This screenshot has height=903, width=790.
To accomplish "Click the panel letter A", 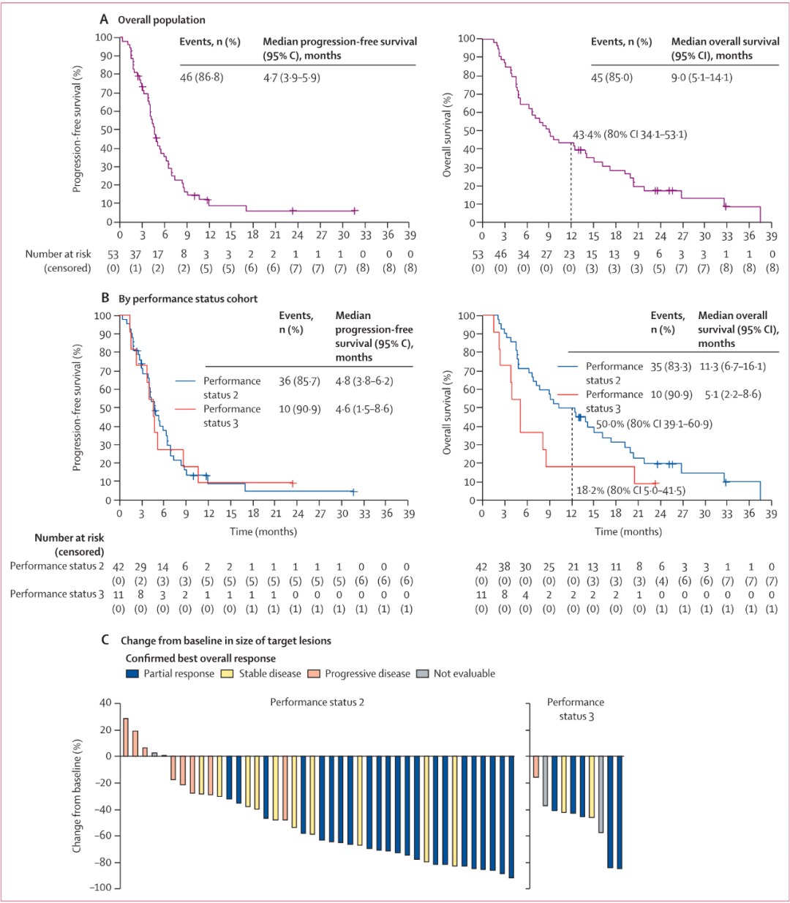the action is coord(104,20).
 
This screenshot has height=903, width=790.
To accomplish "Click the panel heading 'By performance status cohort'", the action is coord(188,299).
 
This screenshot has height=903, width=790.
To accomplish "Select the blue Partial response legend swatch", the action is coord(132,673).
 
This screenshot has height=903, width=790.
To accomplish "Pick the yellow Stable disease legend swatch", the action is coord(227,673).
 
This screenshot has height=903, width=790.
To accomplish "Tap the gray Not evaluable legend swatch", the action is coord(423,673).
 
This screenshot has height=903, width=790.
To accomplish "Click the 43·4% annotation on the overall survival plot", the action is coord(587,134).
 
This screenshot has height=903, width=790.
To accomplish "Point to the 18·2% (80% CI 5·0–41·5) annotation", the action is coord(631,490).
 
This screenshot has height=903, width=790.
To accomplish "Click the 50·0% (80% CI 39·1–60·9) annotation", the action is coord(654,424).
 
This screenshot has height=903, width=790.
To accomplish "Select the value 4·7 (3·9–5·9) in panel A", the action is coord(292,78).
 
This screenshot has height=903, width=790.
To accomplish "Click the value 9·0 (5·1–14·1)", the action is coord(701,78).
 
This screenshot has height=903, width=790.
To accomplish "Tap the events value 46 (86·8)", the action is coord(202,78).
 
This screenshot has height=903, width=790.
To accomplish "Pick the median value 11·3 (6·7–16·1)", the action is coord(733,367).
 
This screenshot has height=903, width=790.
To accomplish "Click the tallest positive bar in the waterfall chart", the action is coord(126,738).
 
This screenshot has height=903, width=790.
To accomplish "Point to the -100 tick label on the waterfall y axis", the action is coord(101,887).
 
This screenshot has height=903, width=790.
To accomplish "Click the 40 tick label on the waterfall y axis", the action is coord(106,702).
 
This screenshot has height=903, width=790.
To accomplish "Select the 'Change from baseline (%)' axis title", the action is coord(77,795).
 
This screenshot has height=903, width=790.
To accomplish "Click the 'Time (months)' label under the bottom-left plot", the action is coord(263,531).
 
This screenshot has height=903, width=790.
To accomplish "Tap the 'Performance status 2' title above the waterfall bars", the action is coord(317,702).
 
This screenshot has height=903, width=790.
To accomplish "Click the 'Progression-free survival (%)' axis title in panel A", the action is coord(77,129).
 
